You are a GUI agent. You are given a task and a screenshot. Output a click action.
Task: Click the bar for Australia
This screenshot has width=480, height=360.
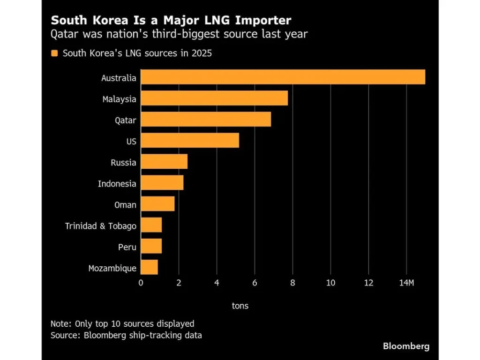(x=283, y=77)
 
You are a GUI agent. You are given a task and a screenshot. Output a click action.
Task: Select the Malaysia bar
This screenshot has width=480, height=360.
(x=214, y=98)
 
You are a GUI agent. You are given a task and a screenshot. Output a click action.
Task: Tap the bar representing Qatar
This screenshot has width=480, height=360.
(x=206, y=120)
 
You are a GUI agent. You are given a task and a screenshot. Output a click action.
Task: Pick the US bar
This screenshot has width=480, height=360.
(x=190, y=141)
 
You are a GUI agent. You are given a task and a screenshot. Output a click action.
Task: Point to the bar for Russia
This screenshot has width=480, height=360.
(x=164, y=162)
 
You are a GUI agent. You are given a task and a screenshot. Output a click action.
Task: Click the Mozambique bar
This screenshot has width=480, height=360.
(x=149, y=267)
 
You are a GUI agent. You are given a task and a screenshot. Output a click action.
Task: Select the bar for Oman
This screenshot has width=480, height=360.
(x=157, y=204)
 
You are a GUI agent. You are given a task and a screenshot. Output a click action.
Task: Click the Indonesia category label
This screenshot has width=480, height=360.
(x=117, y=184)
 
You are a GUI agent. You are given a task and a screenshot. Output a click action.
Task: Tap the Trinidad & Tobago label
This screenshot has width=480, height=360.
(x=100, y=226)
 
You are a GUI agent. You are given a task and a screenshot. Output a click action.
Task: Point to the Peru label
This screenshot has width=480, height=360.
(x=127, y=247)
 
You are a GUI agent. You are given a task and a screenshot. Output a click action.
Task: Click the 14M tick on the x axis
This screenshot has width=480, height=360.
(x=406, y=283)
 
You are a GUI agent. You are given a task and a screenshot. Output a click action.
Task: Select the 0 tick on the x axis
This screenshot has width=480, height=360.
(x=141, y=283)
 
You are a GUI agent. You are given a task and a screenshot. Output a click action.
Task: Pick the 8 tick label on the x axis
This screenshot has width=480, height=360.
(x=292, y=283)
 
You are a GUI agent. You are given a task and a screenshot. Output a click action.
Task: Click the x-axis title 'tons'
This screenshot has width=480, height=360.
(x=240, y=306)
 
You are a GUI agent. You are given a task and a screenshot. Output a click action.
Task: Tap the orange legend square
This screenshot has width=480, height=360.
(x=54, y=53)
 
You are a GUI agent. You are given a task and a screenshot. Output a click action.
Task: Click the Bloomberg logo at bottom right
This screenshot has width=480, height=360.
(x=406, y=346)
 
